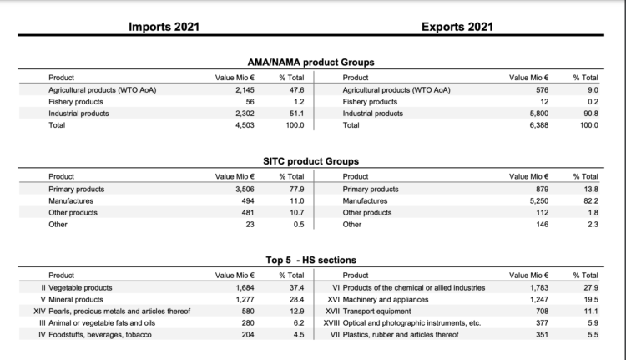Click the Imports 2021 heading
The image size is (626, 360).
point(164,26)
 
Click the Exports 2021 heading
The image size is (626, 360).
point(458,26)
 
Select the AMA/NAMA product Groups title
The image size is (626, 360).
point(310,62)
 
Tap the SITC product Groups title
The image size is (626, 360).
point(310,161)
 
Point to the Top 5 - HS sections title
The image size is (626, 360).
point(310,260)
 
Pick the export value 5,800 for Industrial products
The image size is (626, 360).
point(537,114)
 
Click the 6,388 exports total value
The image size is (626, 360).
point(537,125)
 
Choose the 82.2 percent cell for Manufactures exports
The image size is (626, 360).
point(589,201)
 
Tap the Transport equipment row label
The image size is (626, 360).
point(376,311)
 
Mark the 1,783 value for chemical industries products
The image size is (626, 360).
point(537,287)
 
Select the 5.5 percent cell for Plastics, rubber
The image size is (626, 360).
point(591,334)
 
